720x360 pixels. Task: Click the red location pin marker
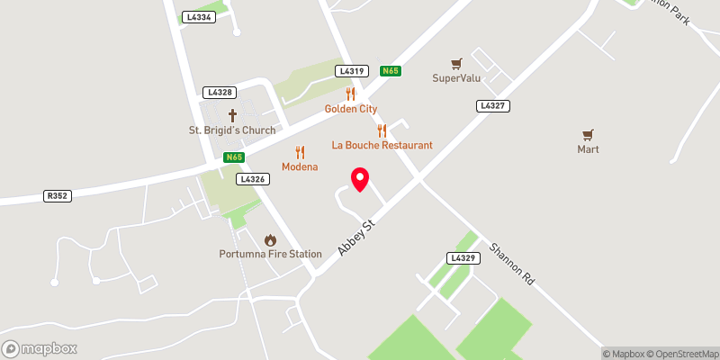pyautogui.click(x=360, y=179)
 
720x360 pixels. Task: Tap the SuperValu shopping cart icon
pyautogui.click(x=456, y=64)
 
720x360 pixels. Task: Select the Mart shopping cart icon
pyautogui.click(x=588, y=135)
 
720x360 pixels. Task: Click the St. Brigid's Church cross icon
pyautogui.click(x=232, y=115)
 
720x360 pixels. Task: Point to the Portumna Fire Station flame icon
pyautogui.click(x=270, y=239)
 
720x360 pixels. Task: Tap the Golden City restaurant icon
pyautogui.click(x=351, y=94)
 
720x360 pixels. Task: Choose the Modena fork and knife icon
pyautogui.click(x=300, y=152)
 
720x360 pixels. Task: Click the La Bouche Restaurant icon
pyautogui.click(x=382, y=130)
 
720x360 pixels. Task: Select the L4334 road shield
pyautogui.click(x=198, y=17)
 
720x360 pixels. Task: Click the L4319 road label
pyautogui.click(x=351, y=71)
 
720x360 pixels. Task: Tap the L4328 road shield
pyautogui.click(x=220, y=92)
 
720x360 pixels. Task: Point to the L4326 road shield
pyautogui.click(x=252, y=179)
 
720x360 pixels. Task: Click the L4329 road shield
pyautogui.click(x=461, y=258)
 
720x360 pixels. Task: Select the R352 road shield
pyautogui.click(x=57, y=195)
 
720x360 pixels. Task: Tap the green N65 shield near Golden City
pyautogui.click(x=390, y=71)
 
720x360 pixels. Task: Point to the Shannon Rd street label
pyautogui.click(x=512, y=264)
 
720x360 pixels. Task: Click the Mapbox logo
pyautogui.click(x=39, y=348)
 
